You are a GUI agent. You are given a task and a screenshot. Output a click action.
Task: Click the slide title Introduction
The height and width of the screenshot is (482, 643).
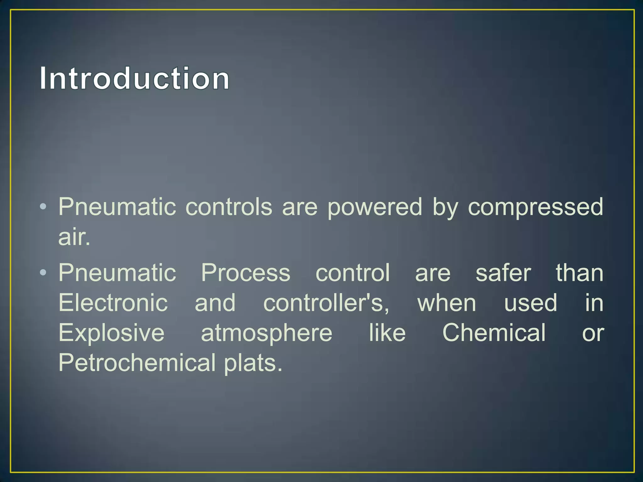pyautogui.click(x=134, y=78)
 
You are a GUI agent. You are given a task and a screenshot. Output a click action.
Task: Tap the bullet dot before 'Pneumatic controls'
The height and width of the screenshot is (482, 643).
pyautogui.click(x=43, y=206)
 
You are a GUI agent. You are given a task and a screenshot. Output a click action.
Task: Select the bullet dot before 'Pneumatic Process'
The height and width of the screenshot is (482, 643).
pyautogui.click(x=43, y=272)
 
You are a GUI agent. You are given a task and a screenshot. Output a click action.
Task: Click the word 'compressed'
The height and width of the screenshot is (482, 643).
pyautogui.click(x=535, y=207)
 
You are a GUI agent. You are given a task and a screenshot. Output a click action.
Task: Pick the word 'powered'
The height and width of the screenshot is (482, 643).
pyautogui.click(x=375, y=207)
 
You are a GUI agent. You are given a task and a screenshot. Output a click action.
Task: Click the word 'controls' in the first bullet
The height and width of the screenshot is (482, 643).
pyautogui.click(x=229, y=207)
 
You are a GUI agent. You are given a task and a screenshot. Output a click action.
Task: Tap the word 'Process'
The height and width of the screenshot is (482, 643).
pyautogui.click(x=246, y=273)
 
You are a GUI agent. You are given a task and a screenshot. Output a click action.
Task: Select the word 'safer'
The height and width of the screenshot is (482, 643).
pyautogui.click(x=503, y=273)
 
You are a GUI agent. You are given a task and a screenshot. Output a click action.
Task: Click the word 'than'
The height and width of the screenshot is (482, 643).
pyautogui.click(x=580, y=273)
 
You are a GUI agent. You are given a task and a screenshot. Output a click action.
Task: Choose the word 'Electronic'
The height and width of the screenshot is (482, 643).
pyautogui.click(x=113, y=303)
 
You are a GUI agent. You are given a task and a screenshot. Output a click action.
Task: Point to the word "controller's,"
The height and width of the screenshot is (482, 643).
pyautogui.click(x=326, y=303)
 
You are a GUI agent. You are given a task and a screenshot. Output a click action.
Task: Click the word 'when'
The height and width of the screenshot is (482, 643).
pyautogui.click(x=446, y=303)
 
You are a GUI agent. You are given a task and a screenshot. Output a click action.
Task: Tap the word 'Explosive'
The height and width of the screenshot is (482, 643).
pyautogui.click(x=111, y=333)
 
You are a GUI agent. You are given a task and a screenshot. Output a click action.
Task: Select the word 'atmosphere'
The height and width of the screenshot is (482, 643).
pyautogui.click(x=267, y=333)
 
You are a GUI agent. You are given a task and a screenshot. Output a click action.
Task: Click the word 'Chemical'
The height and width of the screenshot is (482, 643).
pyautogui.click(x=494, y=333)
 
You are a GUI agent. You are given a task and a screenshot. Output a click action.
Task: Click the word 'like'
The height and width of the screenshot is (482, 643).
pyautogui.click(x=387, y=333)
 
